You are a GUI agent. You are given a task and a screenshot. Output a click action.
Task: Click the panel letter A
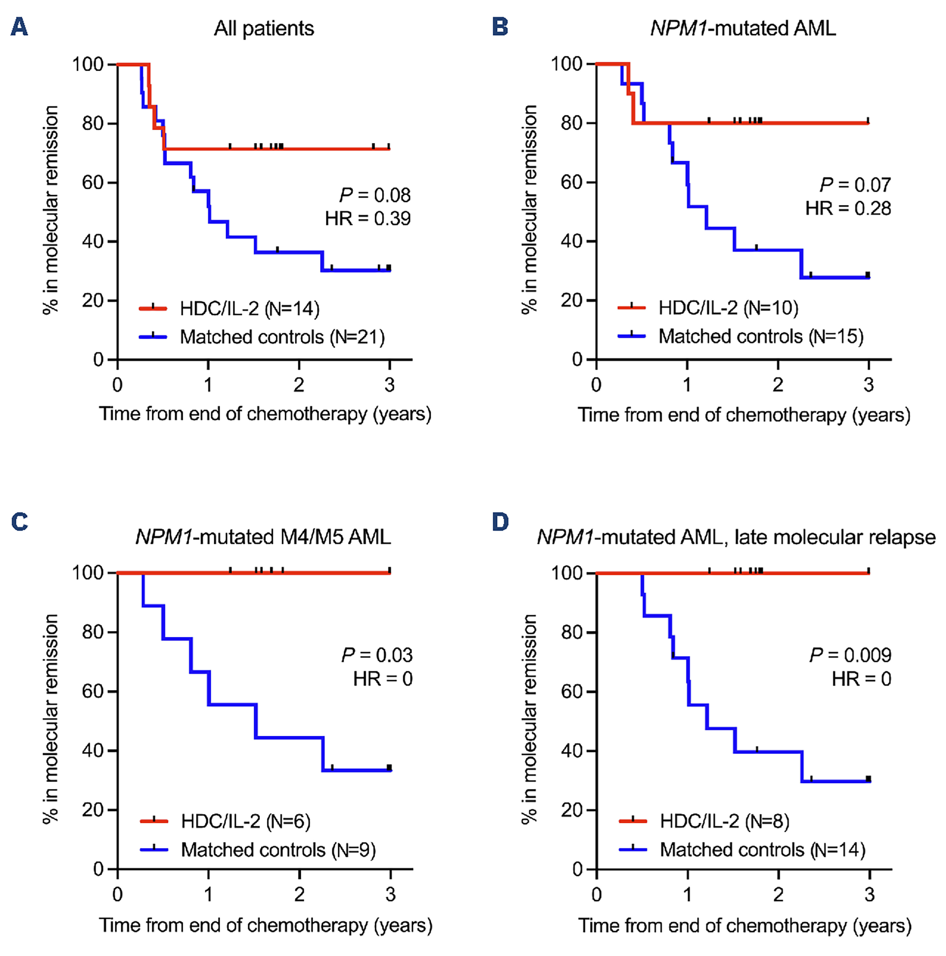pos(19,27)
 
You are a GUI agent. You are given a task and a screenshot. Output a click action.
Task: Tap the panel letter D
pos(500,522)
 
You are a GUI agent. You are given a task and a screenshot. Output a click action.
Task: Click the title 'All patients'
pos(263,29)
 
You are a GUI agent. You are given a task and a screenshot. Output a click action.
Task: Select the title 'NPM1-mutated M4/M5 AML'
pos(263,537)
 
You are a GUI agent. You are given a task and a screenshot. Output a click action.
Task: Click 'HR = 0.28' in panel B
pos(848,208)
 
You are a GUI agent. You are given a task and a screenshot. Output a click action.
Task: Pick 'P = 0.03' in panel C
pos(377,655)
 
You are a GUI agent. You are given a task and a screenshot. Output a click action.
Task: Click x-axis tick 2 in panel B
pos(778,384)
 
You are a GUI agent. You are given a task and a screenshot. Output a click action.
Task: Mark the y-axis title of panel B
pos(529,210)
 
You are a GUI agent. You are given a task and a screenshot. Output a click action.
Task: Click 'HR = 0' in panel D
pos(861,679)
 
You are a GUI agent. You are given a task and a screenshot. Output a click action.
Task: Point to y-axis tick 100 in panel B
pos(567,64)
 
